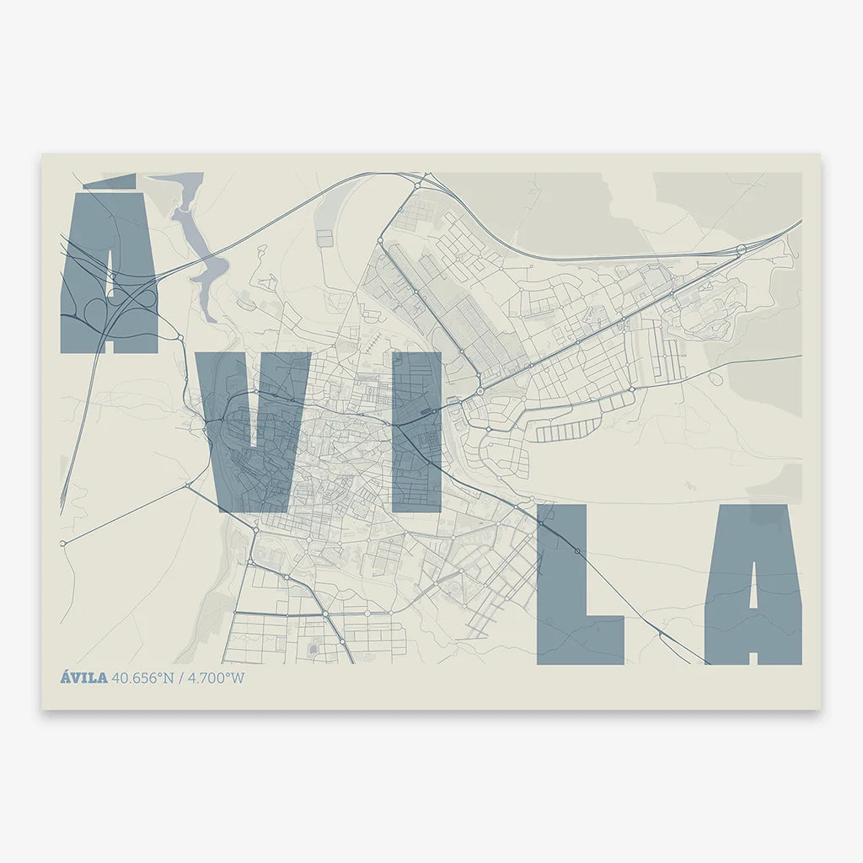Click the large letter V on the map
[253, 430]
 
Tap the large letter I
[416, 431]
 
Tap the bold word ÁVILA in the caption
[83, 678]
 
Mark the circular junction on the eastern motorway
[741, 249]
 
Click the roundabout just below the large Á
[180, 338]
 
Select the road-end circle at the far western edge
[62, 544]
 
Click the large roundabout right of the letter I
[480, 391]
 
